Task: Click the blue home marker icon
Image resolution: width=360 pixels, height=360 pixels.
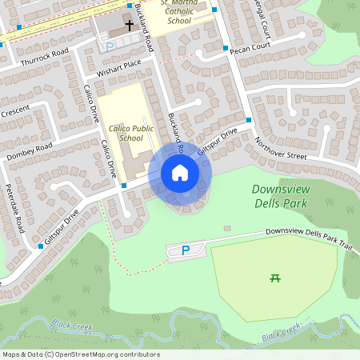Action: tap(180, 173)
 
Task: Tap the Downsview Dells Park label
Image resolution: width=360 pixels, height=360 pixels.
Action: tap(280, 196)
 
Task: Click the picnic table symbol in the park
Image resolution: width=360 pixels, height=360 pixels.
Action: tap(275, 278)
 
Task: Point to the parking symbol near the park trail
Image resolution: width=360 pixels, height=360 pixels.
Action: tap(186, 250)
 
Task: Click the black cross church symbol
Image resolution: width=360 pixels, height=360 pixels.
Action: tap(129, 26)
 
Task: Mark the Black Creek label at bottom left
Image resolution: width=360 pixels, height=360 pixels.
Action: tap(71, 326)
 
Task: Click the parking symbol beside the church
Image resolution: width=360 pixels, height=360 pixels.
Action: tap(110, 47)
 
